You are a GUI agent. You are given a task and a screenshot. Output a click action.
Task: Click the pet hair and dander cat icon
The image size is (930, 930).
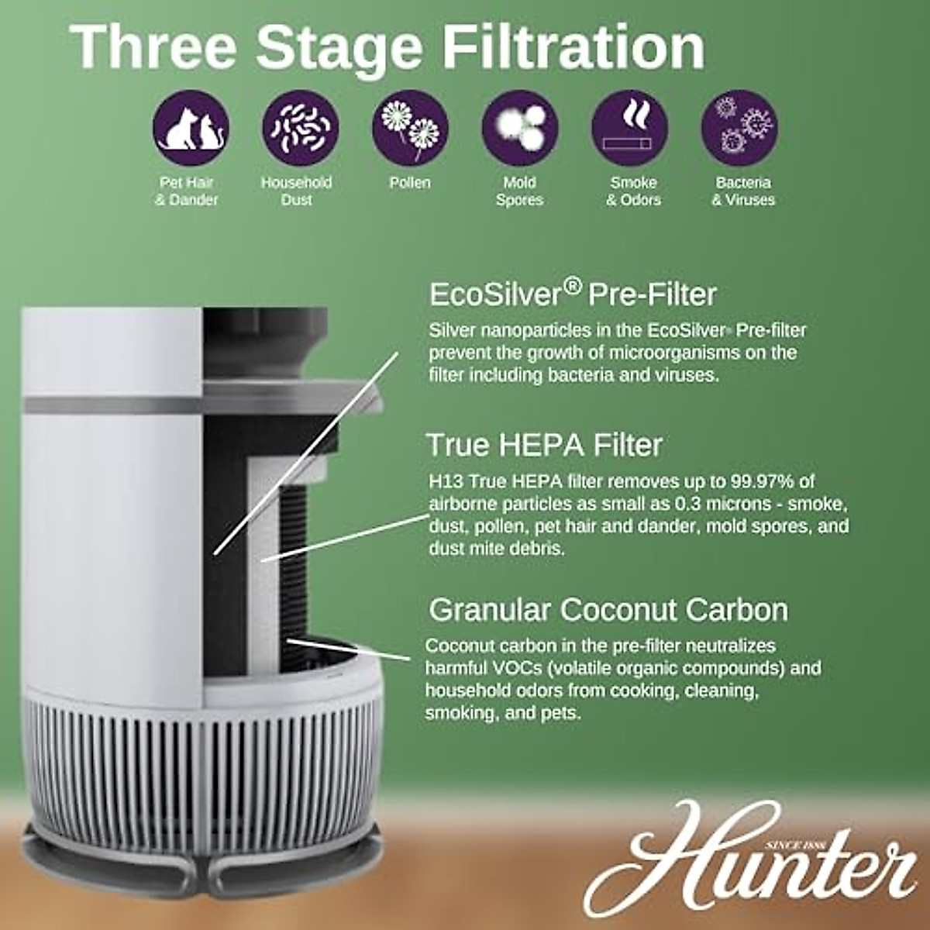[191, 126]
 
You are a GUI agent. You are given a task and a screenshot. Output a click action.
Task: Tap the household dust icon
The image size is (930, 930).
[301, 126]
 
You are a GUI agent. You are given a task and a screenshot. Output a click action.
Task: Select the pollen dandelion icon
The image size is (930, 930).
[410, 126]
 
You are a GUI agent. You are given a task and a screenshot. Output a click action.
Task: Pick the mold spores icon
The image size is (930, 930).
[520, 126]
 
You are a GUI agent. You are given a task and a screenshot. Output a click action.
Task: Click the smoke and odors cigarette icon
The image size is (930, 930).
[629, 126]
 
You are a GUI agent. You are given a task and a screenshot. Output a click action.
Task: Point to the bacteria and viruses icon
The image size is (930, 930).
[739, 126]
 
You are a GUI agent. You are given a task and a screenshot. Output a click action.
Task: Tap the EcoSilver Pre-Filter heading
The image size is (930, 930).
[572, 294]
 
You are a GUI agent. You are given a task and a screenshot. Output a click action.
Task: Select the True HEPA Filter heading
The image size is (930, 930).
[544, 445]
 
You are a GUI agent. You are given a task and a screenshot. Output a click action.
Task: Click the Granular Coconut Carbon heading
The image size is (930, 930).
[608, 610]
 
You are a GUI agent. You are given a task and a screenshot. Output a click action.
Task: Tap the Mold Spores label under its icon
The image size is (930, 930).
[519, 191]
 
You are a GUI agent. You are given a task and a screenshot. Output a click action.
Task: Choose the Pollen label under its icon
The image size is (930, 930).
[410, 183]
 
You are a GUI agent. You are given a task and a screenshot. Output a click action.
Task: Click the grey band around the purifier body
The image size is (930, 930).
[112, 405]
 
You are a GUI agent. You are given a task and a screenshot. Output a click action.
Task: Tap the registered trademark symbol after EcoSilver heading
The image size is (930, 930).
[572, 287]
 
